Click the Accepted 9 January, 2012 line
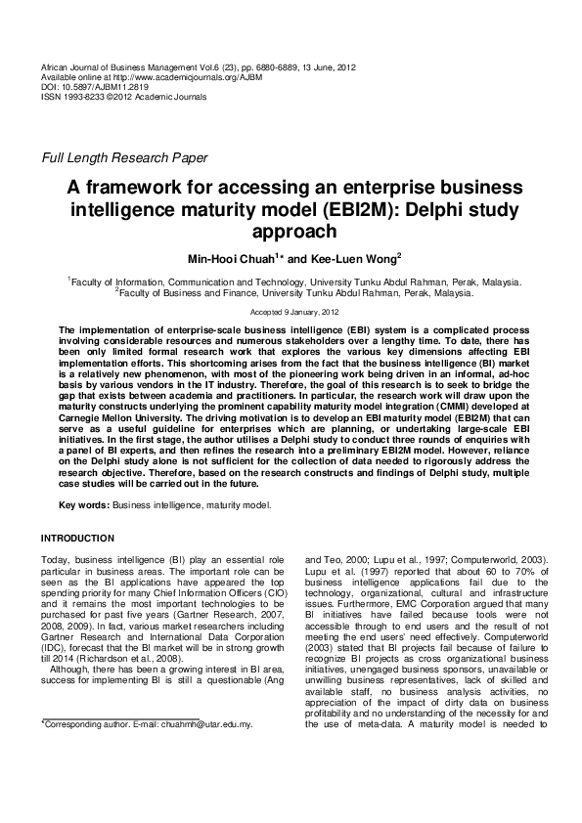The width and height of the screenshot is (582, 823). coord(291,311)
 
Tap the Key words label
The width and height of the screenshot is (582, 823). coord(84,505)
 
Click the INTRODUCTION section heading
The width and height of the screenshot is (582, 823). coord(77,539)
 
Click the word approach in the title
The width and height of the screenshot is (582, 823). coord(291,232)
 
